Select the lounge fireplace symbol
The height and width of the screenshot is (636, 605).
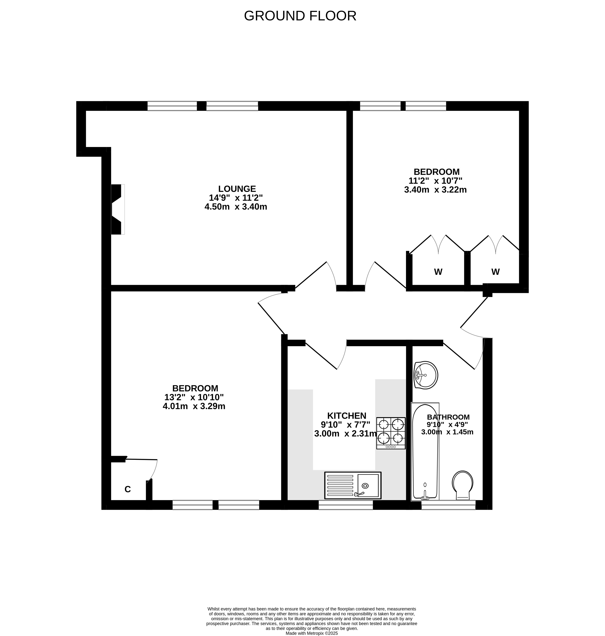[118, 209]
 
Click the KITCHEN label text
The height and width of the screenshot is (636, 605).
[347, 416]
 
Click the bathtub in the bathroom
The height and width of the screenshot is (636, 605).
[425, 452]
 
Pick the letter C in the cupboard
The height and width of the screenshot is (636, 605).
[128, 489]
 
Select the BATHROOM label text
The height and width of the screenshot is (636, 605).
[448, 417]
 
